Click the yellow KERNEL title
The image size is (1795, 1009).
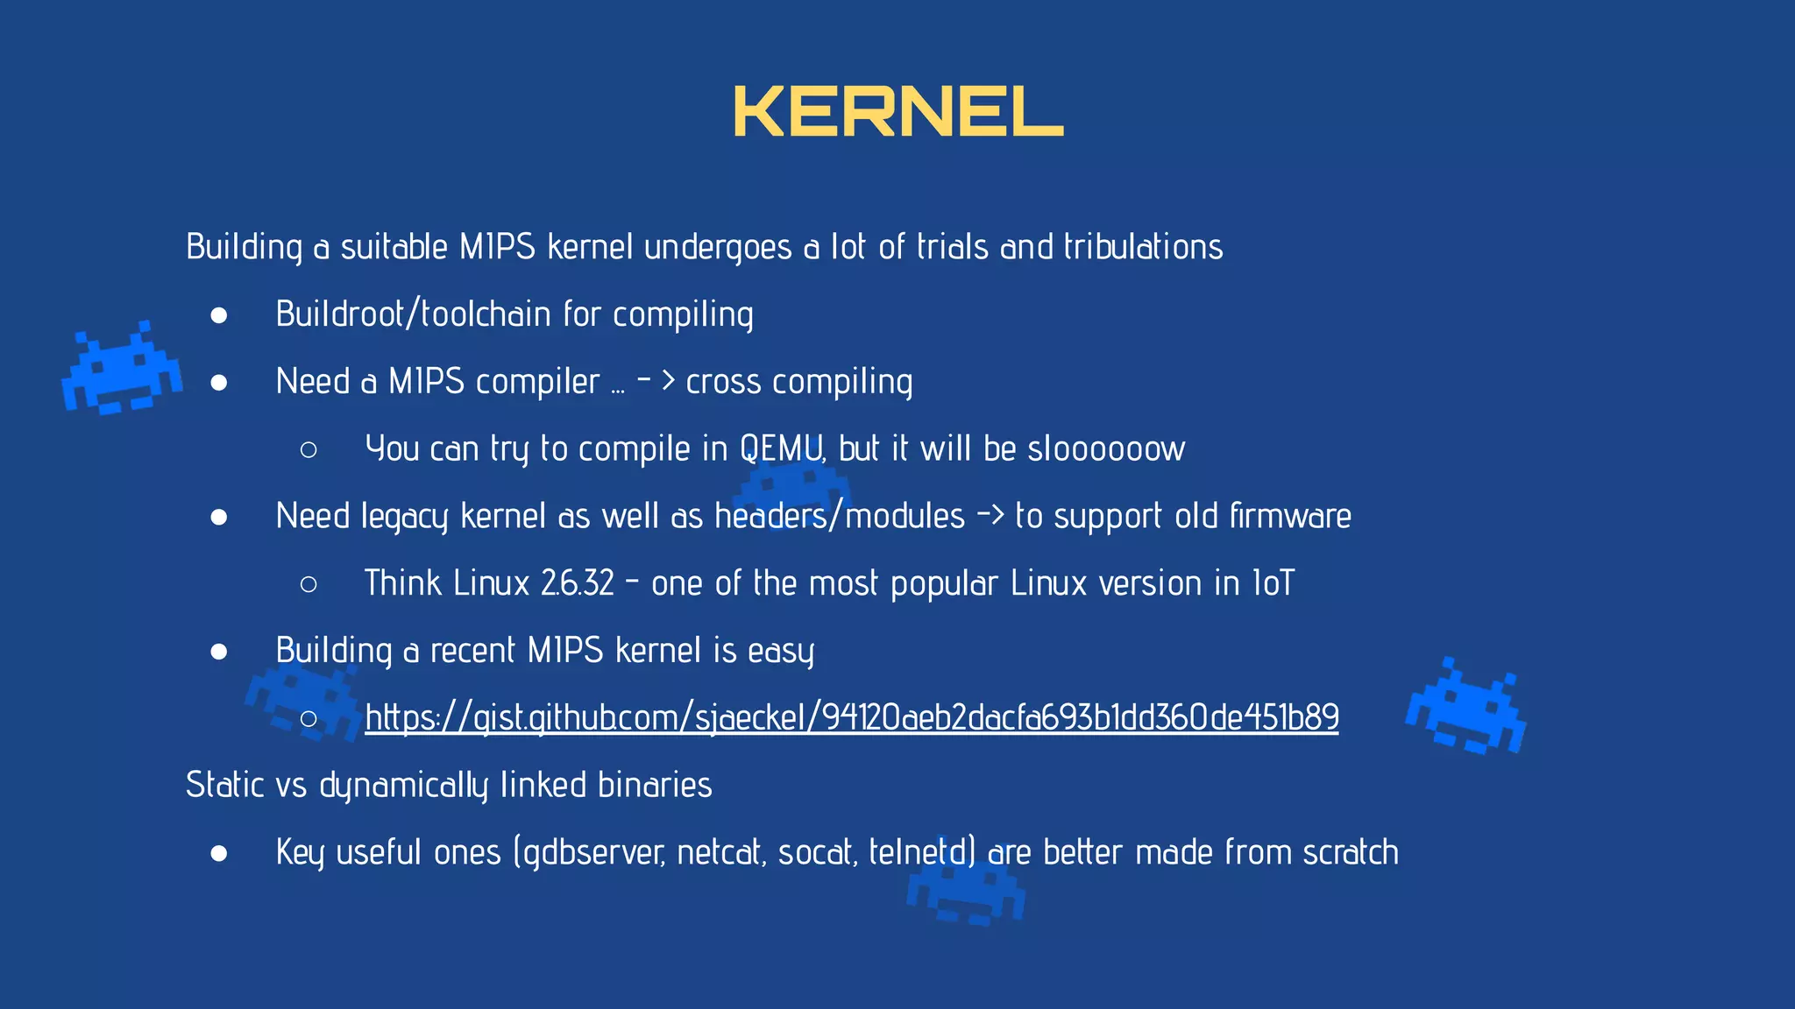click(x=897, y=112)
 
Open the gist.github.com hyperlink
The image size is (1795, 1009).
click(x=851, y=717)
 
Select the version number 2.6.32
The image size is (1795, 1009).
click(x=578, y=583)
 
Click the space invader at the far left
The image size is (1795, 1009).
click(x=122, y=369)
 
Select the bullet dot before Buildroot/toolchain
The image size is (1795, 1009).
click(x=219, y=315)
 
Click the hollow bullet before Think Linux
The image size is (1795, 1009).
click(x=309, y=584)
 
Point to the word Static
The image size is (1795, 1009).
click(x=224, y=785)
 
